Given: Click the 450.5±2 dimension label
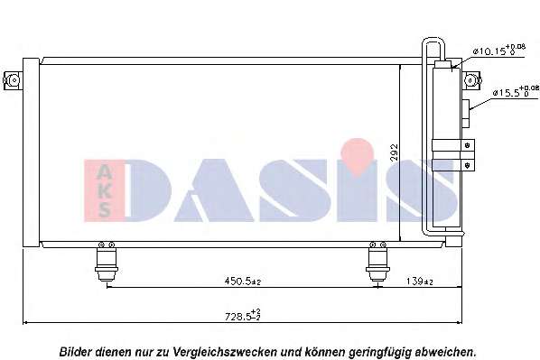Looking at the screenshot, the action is tap(243, 282).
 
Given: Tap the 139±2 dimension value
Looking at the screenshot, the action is tap(419, 282).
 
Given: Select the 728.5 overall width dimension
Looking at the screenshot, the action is tap(242, 315).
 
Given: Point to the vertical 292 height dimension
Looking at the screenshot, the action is tap(395, 152).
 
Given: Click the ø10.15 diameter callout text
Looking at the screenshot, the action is tap(498, 51).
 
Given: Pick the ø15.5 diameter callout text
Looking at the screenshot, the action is tap(516, 91).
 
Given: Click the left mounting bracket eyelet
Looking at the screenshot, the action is tap(13, 80).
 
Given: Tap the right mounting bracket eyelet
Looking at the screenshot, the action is tap(471, 80).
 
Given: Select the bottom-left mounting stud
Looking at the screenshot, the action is tap(107, 262).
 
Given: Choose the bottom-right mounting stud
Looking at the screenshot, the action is tap(377, 262).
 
